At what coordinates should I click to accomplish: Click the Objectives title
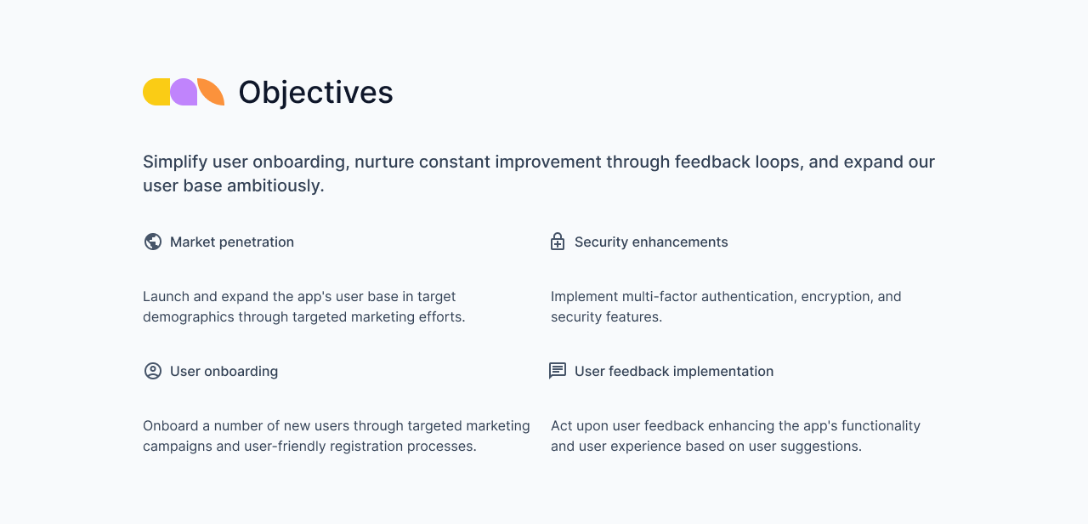point(315,92)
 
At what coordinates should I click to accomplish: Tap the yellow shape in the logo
point(156,92)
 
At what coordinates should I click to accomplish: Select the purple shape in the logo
point(184,92)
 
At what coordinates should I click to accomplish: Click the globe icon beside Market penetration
point(153,242)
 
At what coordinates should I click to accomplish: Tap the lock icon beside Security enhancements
point(558,242)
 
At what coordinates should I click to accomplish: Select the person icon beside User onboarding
point(153,371)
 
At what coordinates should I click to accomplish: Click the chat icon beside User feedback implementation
point(558,371)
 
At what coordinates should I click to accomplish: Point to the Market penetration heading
point(232,242)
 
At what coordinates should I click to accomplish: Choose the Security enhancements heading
point(651,242)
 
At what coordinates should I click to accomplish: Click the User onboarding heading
point(224,371)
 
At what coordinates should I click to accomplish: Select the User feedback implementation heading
point(674,371)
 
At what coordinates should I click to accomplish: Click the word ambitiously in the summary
point(275,185)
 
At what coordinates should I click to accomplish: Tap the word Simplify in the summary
point(175,162)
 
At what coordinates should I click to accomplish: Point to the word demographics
point(188,316)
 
